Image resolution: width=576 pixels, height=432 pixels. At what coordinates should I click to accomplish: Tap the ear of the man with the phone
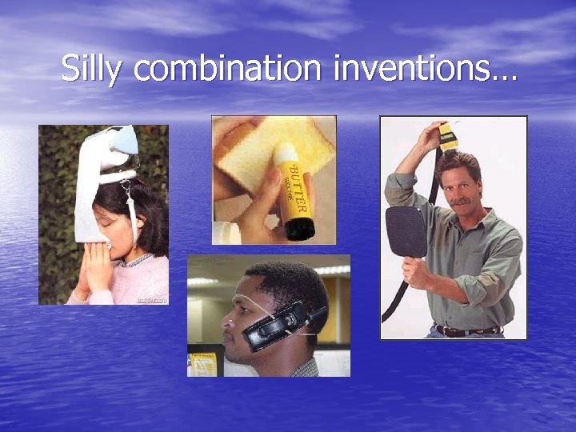(x=298, y=307)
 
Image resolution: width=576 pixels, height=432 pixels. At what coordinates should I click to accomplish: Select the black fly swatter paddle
(x=406, y=232)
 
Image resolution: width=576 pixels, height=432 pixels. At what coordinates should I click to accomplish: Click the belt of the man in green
(x=468, y=330)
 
